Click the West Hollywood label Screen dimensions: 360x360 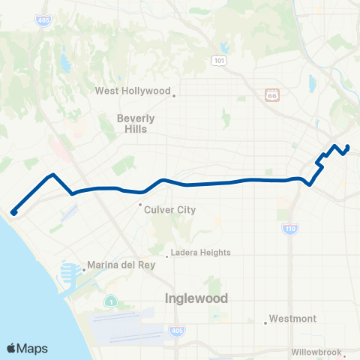(x=132, y=91)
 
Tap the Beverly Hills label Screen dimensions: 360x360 (x=136, y=123)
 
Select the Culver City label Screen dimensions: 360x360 (x=169, y=210)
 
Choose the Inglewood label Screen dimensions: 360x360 (x=196, y=298)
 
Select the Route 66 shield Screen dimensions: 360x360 (x=271, y=95)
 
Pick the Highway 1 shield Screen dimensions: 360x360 (x=110, y=301)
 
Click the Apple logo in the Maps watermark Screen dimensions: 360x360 (x=12, y=348)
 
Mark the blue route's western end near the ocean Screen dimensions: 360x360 (x=13, y=212)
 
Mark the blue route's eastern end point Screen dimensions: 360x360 (x=348, y=146)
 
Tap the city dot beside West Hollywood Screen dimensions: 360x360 (x=174, y=95)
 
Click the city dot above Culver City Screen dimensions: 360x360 (x=140, y=204)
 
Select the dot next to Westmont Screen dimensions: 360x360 (x=265, y=323)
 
